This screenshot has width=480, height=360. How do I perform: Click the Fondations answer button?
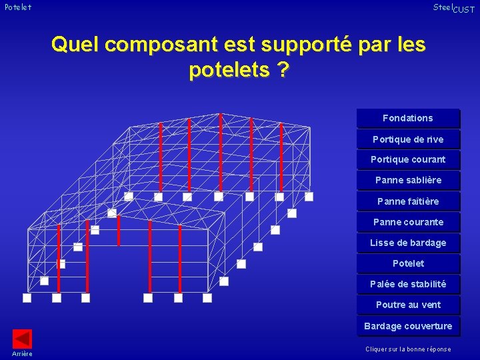pyautogui.click(x=408, y=118)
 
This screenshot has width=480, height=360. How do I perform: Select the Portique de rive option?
pyautogui.click(x=408, y=139)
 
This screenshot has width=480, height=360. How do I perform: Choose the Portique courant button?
pyautogui.click(x=408, y=159)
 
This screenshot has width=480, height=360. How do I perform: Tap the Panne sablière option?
pyautogui.click(x=408, y=180)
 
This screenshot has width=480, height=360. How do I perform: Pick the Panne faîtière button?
pyautogui.click(x=408, y=201)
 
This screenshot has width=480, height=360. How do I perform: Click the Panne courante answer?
pyautogui.click(x=408, y=222)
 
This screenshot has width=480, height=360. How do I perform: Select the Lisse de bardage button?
pyautogui.click(x=408, y=243)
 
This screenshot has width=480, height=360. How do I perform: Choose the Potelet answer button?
pyautogui.click(x=408, y=263)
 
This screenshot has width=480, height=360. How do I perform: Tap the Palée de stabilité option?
pyautogui.click(x=408, y=284)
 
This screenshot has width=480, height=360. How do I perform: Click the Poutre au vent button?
pyautogui.click(x=408, y=305)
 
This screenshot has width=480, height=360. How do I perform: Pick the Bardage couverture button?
pyautogui.click(x=408, y=326)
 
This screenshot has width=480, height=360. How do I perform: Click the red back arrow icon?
pyautogui.click(x=23, y=338)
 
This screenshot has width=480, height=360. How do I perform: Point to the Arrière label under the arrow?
pyautogui.click(x=22, y=353)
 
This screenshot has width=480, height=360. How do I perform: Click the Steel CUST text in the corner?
pyautogui.click(x=453, y=8)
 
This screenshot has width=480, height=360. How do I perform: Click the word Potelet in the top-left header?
pyautogui.click(x=17, y=7)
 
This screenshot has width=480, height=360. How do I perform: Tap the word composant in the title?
pyautogui.click(x=161, y=45)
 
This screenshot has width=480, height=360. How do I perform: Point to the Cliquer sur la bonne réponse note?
pyautogui.click(x=408, y=349)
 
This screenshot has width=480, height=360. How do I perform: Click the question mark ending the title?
pyautogui.click(x=283, y=70)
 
